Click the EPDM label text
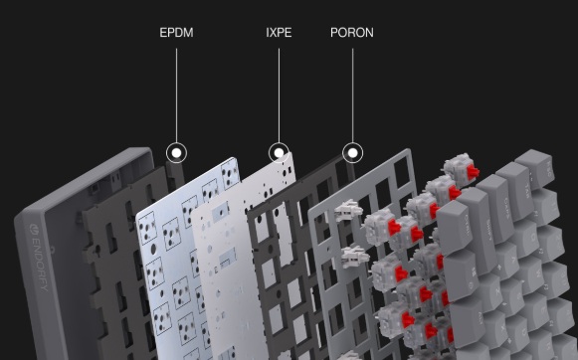(x=176, y=33)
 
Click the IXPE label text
(x=279, y=33)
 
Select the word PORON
(x=351, y=33)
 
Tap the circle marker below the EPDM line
(x=176, y=152)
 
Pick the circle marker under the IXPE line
(x=279, y=152)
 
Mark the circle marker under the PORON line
(x=353, y=152)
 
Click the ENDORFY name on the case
(x=39, y=258)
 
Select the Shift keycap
(x=478, y=229)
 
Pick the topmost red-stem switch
(x=461, y=169)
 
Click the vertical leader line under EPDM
(x=176, y=95)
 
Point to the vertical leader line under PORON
(x=352, y=95)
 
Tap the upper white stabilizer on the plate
(x=348, y=211)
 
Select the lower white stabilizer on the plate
(x=354, y=257)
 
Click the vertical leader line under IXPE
(x=279, y=95)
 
